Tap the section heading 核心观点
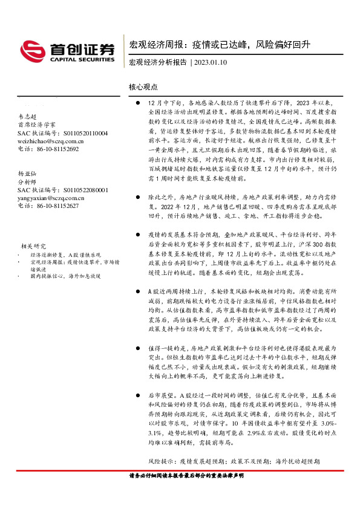143,87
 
